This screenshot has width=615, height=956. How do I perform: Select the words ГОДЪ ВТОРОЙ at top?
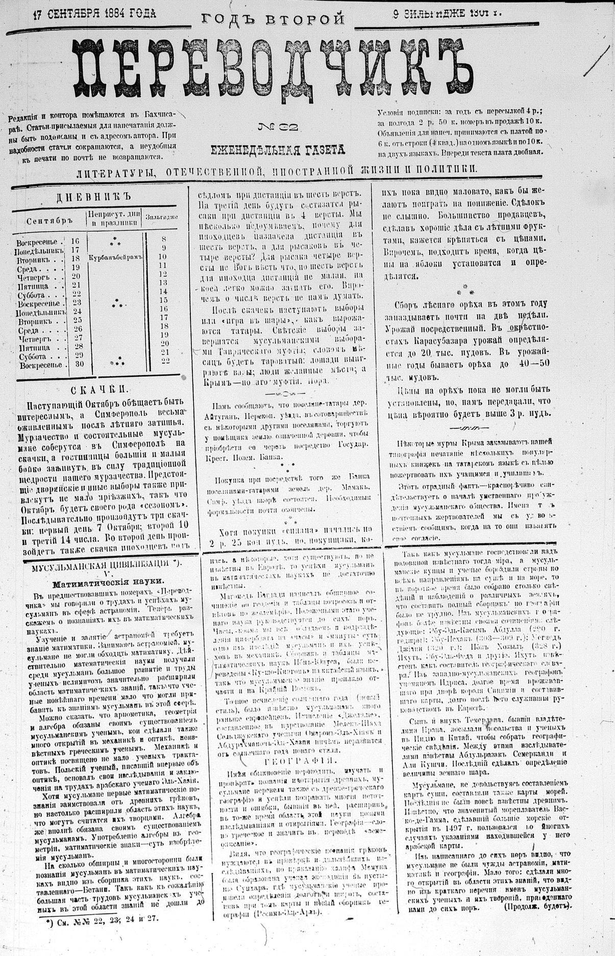pyautogui.click(x=274, y=19)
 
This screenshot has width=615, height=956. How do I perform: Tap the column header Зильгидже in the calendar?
pyautogui.click(x=162, y=216)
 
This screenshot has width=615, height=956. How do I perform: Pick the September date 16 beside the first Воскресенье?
pyautogui.click(x=76, y=240)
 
